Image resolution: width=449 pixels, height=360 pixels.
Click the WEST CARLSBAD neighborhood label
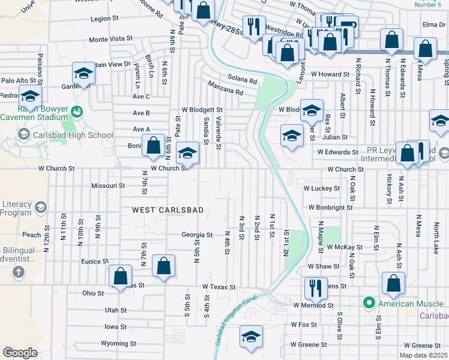click(x=168, y=210)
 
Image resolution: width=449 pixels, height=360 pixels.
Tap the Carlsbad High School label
click(x=76, y=135)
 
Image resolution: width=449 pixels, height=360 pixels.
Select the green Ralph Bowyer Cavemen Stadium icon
click(x=76, y=112)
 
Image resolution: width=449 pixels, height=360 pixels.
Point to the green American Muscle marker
click(x=369, y=304)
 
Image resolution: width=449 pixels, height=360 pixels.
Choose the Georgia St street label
click(x=197, y=235)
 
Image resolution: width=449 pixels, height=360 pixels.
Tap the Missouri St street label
click(x=108, y=186)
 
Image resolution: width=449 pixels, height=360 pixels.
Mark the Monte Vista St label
click(x=110, y=38)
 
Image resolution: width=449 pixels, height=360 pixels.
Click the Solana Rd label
click(x=243, y=78)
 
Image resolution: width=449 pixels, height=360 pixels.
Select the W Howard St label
click(x=330, y=74)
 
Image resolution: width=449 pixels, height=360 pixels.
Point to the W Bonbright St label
click(x=331, y=207)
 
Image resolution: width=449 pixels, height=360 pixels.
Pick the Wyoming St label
click(x=118, y=344)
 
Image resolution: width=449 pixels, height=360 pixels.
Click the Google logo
click(x=20, y=353)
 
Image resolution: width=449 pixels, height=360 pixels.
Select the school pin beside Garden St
click(x=83, y=73)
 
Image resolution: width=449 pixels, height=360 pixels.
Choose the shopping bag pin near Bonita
click(x=154, y=146)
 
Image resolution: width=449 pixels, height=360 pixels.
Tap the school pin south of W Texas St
click(x=251, y=337)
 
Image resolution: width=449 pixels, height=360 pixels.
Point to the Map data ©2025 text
click(x=423, y=355)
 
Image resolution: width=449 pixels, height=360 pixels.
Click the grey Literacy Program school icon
click(x=40, y=208)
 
